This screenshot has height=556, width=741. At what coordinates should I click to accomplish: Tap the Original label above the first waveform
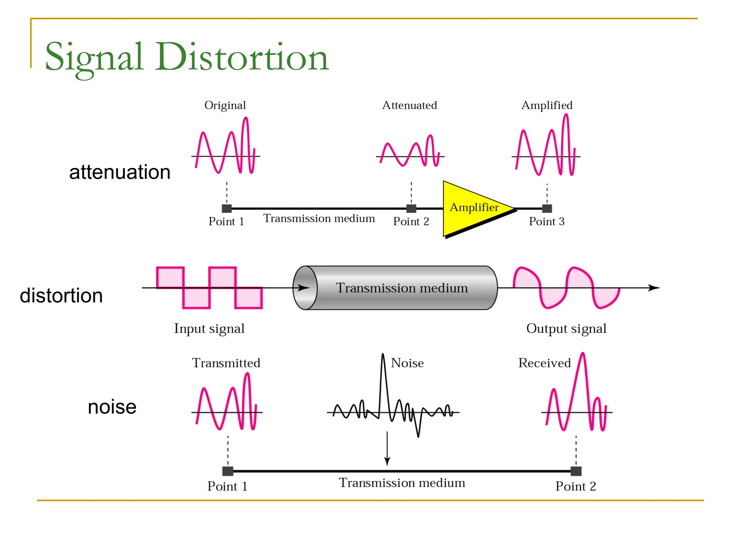225,105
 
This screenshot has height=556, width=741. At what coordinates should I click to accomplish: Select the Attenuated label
410,105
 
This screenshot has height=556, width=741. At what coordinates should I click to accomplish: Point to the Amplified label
547,105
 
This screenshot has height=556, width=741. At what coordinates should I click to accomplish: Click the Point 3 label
546,222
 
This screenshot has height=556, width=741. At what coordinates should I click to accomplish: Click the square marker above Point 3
547,208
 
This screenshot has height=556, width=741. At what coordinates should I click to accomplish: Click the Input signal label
209,329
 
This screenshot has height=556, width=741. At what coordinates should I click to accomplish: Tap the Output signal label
566,329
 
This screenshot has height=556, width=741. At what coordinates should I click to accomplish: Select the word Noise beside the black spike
407,363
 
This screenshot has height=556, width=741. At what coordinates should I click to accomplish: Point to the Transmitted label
226,363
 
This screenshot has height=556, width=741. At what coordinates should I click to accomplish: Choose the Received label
544,363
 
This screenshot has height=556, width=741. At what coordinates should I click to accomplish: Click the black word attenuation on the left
120,172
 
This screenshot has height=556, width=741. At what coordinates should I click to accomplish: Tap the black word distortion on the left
61,296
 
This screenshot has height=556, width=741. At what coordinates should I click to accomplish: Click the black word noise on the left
112,407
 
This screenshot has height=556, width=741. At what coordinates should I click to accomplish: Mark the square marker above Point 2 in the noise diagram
576,471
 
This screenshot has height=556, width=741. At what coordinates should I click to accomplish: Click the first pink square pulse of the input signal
170,278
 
